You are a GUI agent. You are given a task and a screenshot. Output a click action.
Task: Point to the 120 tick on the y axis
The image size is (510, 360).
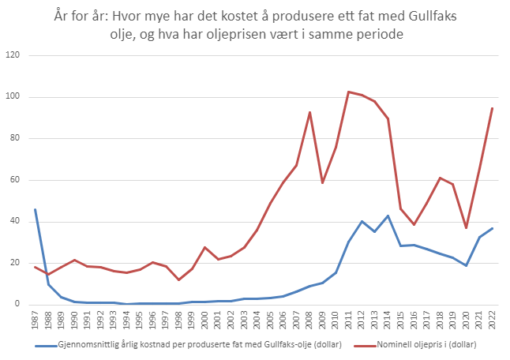(x=13, y=55)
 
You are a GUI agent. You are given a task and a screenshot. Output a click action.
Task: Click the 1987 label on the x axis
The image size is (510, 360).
(x=35, y=321)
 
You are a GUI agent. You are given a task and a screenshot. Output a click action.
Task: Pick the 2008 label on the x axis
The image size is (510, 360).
(x=309, y=321)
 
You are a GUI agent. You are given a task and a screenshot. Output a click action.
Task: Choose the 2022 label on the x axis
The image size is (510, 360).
(x=493, y=321)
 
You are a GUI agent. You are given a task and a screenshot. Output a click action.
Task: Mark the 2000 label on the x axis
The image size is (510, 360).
(x=204, y=321)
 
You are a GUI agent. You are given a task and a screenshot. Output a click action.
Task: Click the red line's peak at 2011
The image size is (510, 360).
(x=349, y=92)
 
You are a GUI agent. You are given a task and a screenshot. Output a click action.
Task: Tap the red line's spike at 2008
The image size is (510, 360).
(x=309, y=112)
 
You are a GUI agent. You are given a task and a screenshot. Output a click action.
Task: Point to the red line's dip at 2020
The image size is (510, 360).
(x=467, y=228)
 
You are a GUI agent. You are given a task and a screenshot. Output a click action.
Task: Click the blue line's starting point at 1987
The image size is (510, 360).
(x=35, y=209)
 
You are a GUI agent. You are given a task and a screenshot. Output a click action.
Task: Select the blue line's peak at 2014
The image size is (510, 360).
(x=388, y=216)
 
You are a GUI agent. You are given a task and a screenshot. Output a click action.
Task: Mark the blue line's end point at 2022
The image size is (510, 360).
(x=493, y=228)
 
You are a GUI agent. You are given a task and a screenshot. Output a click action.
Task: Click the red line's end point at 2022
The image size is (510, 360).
(x=493, y=108)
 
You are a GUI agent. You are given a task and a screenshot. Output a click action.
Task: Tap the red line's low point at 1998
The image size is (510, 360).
(x=178, y=279)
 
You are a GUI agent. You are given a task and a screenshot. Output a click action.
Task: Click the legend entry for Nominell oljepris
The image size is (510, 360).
(x=417, y=345)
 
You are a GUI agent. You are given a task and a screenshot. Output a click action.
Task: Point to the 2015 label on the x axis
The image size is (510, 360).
(x=401, y=321)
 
